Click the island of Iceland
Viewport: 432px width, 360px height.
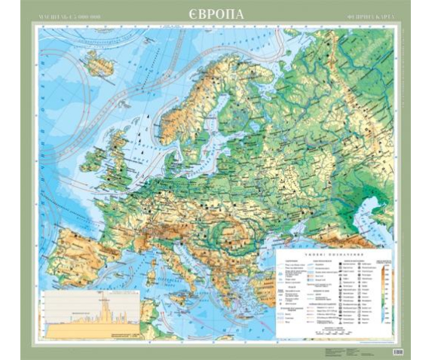pyautogui.click(x=97, y=64)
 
